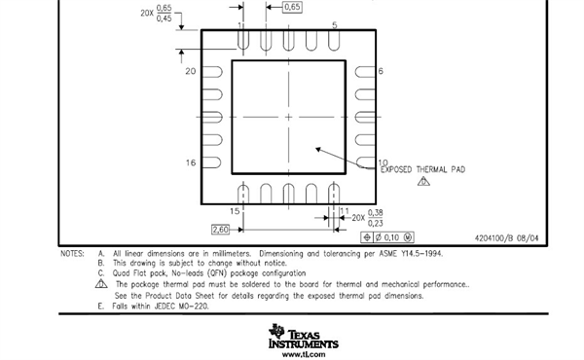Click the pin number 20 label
[x=191, y=71]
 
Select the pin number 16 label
[x=191, y=162]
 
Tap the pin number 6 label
[x=381, y=71]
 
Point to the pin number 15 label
[x=235, y=211]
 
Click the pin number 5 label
[x=335, y=25]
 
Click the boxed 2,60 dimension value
[x=220, y=230]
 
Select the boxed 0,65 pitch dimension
[x=292, y=7]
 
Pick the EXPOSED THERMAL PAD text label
[x=422, y=169]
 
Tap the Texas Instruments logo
[x=303, y=337]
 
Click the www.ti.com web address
[x=304, y=354]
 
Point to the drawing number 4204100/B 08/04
[x=506, y=238]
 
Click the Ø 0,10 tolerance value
[x=387, y=237]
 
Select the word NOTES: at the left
[x=73, y=254]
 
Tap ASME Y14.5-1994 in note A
[x=411, y=254]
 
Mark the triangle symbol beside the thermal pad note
[x=101, y=284]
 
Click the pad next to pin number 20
[x=212, y=71]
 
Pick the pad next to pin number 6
[x=365, y=71]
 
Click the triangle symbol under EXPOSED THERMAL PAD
[x=423, y=181]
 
